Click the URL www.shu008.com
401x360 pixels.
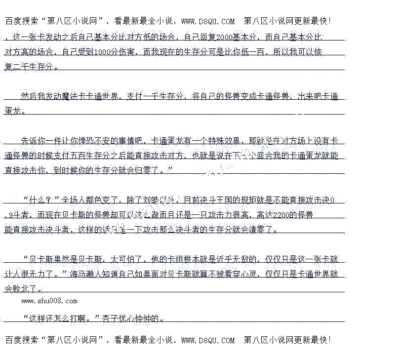click(49, 301)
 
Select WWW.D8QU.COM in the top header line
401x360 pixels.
click(208, 21)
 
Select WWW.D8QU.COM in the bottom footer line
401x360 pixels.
click(208, 340)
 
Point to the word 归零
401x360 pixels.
click(149, 170)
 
